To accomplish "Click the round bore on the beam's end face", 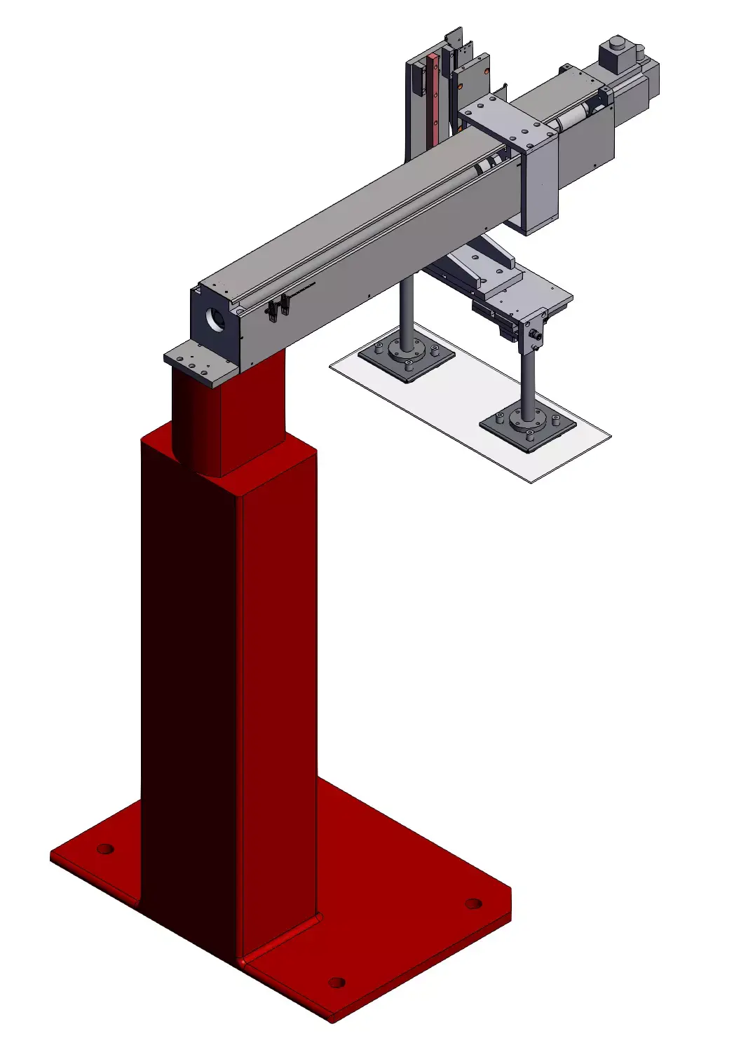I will point(216,320).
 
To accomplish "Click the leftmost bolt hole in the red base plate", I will point(105,849).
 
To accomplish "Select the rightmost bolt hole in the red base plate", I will point(473,903).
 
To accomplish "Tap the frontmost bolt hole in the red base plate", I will point(337,982).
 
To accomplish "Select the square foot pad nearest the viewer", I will point(528,427).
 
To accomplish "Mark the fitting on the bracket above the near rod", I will point(536,332).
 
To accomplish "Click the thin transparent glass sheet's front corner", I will point(531,481).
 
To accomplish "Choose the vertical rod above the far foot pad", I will point(406,312).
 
